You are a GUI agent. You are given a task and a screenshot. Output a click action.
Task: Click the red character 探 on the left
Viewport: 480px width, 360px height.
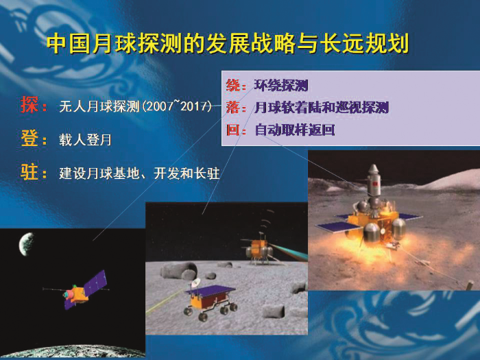[x=29, y=105]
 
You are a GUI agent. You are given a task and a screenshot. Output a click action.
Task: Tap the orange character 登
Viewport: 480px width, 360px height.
[x=29, y=138]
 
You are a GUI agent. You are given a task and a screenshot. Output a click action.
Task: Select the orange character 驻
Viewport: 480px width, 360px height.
[x=29, y=171]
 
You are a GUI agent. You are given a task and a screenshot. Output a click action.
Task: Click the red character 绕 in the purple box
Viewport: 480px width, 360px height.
[x=233, y=85]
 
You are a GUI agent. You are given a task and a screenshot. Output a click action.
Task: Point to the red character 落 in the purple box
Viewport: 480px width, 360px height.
[x=233, y=108]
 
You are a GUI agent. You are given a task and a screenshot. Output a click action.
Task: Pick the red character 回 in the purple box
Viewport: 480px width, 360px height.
[x=233, y=130]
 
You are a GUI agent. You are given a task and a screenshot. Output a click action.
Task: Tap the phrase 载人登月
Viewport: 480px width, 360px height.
[x=85, y=140]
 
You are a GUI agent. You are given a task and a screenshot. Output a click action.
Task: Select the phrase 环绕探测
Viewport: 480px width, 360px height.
[x=281, y=85]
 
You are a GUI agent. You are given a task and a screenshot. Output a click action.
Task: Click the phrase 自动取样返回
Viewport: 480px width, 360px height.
[x=294, y=130]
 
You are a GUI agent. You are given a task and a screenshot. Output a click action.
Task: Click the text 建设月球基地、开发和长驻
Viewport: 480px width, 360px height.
[x=139, y=173]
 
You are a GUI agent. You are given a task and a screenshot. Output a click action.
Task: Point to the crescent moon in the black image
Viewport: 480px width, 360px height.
[x=26, y=243]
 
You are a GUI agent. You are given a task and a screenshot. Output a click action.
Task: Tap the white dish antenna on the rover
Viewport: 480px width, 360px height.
[x=195, y=283]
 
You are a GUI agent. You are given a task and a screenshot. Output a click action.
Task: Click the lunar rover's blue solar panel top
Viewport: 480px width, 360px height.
[x=211, y=290]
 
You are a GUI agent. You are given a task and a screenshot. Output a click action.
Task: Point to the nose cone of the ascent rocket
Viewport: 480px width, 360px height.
[x=374, y=169]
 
